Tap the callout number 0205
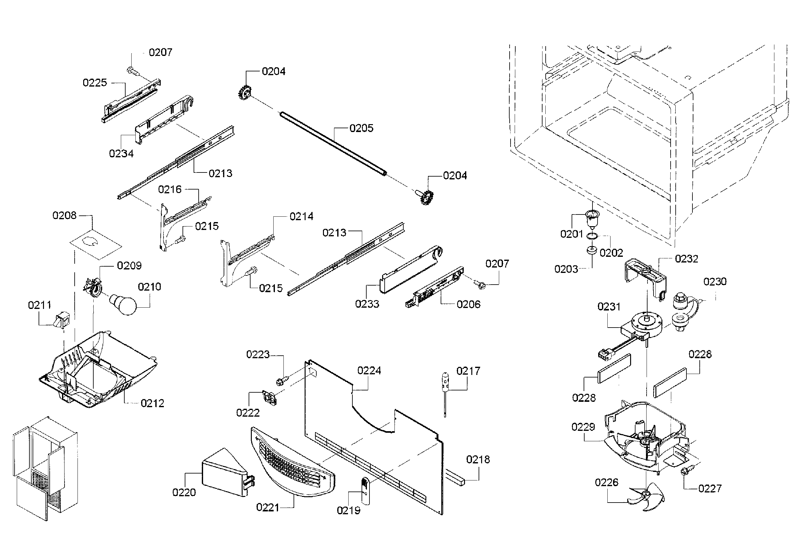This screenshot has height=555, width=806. coord(361,128)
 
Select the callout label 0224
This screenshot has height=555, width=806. coord(369,371)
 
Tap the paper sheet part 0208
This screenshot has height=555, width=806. coord(96,244)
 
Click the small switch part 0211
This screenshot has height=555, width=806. coord(63,319)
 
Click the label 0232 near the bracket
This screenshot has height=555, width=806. coord(686,259)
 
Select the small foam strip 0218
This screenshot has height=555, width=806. coord(455,477)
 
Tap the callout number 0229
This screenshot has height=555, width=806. coord(583,427)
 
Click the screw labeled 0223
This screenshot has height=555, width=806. coord(282,380)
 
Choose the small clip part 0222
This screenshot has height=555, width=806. coord(270,397)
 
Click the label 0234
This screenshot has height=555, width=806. coord(121,154)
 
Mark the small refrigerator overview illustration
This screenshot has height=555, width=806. coord(45,468)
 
